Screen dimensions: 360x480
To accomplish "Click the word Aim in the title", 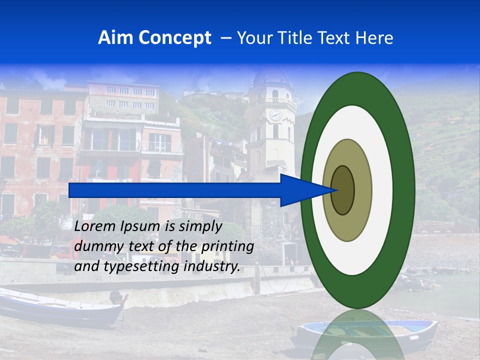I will click(116, 38).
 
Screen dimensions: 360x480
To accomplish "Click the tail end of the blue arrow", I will click(70, 190).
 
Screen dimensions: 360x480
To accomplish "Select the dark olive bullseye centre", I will click(342, 190).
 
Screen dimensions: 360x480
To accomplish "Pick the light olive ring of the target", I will click(362, 190).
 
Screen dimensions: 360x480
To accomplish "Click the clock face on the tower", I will click(275, 115).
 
